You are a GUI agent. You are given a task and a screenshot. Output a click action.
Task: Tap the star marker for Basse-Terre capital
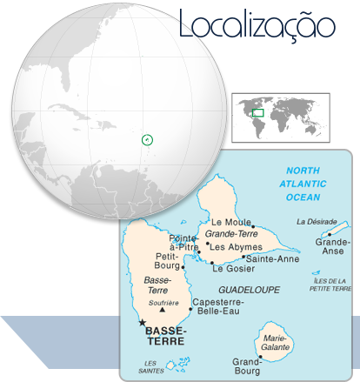pyautogui.click(x=143, y=322)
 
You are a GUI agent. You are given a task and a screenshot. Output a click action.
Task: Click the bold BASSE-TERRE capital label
pyautogui.click(x=164, y=336)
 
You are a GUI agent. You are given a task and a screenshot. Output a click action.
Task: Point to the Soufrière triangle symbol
pyautogui.click(x=163, y=311)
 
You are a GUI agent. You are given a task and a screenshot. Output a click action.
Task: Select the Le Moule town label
pyautogui.click(x=231, y=223)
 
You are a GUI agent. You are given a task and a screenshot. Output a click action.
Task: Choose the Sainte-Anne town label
pyautogui.click(x=271, y=258)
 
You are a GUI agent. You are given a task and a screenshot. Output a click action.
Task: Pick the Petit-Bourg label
pyautogui.click(x=167, y=261)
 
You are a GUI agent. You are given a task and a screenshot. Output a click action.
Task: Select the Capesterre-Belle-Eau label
pyautogui.click(x=217, y=307)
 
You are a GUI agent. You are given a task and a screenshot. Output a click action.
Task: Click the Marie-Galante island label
pyautogui.click(x=276, y=343)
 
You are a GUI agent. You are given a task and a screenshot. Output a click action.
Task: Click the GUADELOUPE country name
pyautogui.click(x=249, y=288)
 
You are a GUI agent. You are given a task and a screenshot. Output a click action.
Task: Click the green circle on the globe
pyautogui.click(x=147, y=138)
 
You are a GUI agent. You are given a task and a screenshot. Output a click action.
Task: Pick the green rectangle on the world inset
pyautogui.click(x=257, y=111)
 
